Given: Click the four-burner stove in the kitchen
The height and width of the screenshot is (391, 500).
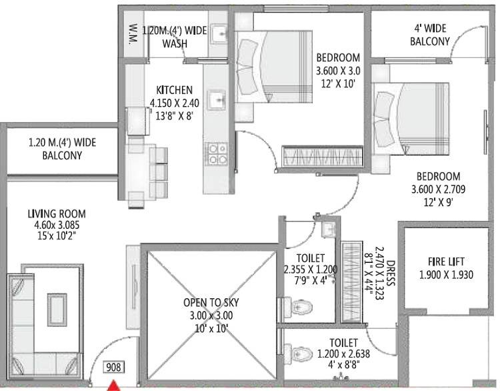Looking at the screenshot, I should pos(216,153).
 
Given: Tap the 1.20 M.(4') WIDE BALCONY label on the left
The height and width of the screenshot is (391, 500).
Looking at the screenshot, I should pos(55,149).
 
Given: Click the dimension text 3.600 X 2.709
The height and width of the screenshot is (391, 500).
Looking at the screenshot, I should pos(438,189).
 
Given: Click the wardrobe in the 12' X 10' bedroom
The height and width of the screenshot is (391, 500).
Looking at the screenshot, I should pos(322,157).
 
